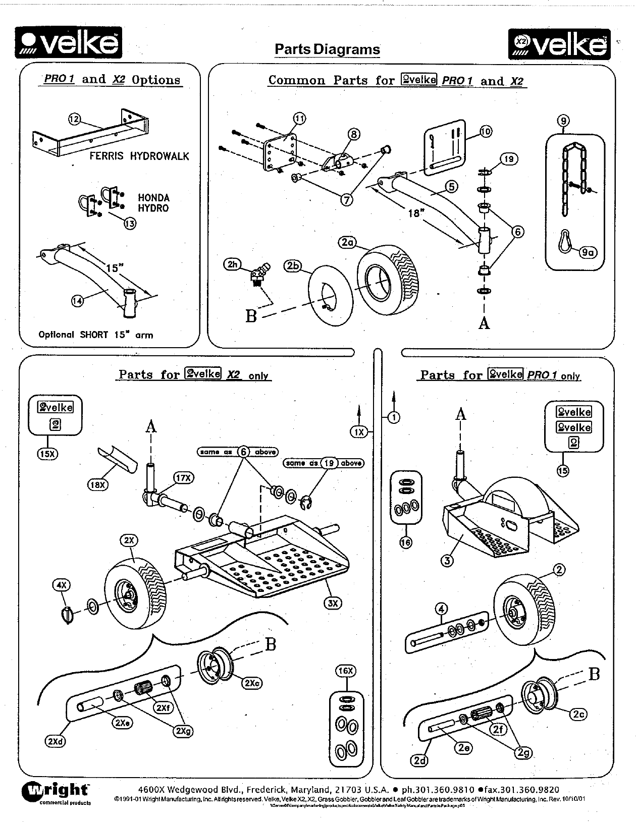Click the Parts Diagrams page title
[327, 49]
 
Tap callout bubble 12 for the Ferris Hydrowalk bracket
[74, 119]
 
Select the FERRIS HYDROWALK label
[139, 156]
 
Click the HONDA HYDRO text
[153, 203]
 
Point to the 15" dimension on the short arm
[112, 268]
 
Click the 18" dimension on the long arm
[415, 213]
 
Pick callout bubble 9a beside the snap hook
[588, 252]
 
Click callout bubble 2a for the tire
[347, 243]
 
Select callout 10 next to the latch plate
[485, 131]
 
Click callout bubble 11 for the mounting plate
[299, 119]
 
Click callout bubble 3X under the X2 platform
[333, 602]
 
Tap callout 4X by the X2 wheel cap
[62, 585]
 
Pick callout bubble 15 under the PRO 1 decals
[562, 471]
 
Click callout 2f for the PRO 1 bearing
[498, 729]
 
